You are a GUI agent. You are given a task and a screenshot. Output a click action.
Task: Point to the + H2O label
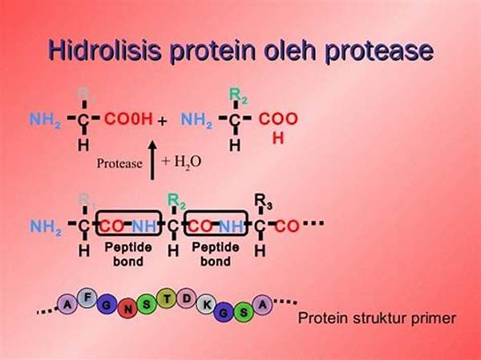coord(181,162)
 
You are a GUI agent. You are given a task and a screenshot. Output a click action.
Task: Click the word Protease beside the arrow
coord(118,164)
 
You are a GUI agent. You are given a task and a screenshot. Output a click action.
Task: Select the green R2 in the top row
coord(238,96)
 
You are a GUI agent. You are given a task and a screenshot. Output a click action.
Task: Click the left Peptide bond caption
coord(123,256)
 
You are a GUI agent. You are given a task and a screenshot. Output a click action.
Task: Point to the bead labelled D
coord(184,299)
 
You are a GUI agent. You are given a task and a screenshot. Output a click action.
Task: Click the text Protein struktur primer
coord(377,318)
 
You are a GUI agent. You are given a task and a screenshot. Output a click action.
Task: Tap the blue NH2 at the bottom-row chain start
coord(46,226)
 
